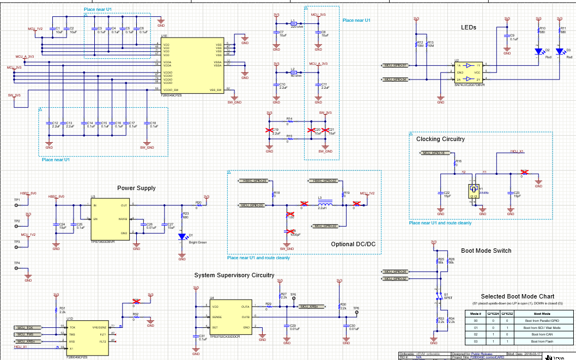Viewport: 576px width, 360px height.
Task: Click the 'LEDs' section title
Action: [468, 27]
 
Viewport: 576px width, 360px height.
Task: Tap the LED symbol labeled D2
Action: [538, 52]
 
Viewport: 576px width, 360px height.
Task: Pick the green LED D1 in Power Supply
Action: [181, 237]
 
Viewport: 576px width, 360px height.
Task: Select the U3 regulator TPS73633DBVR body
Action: [110, 220]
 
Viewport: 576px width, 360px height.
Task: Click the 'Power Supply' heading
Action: [136, 188]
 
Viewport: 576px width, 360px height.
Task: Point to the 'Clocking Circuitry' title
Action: [440, 139]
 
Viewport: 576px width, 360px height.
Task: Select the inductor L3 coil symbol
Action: [322, 205]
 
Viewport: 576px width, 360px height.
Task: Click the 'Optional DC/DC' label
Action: [353, 244]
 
